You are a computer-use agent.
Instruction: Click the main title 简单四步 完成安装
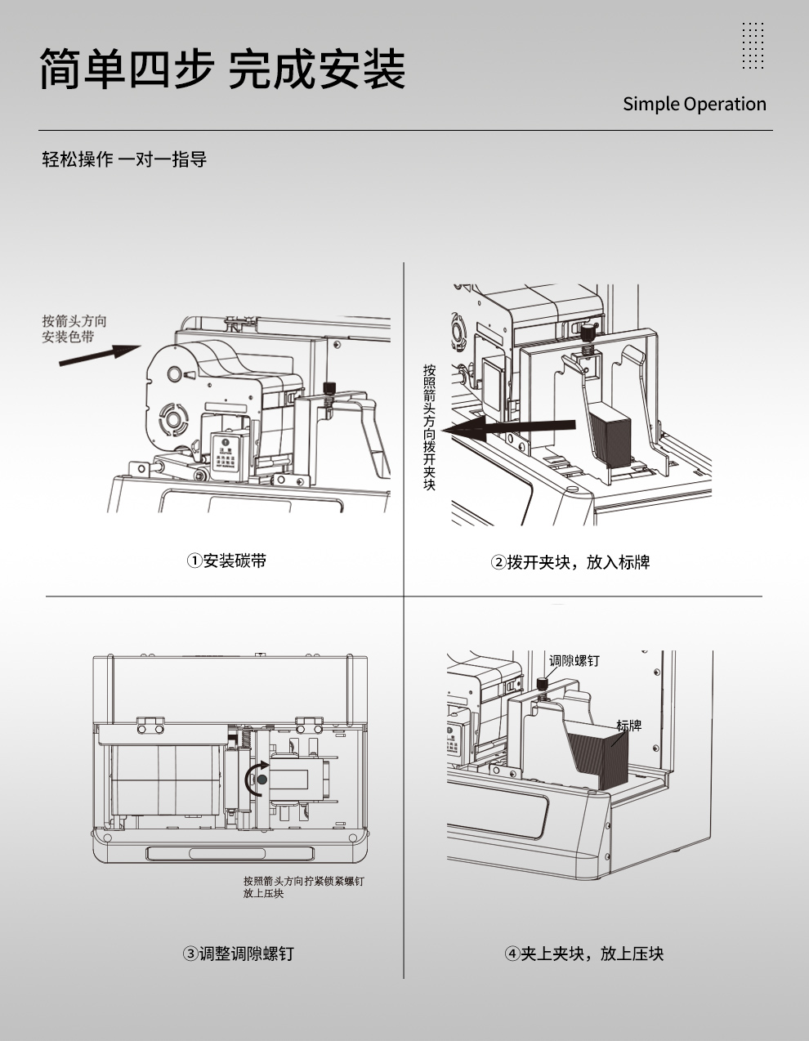222,69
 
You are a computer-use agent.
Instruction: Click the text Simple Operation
694,104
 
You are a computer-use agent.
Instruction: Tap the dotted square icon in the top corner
753,46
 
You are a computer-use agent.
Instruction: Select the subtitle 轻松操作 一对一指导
124,159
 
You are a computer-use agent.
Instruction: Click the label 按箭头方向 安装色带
74,328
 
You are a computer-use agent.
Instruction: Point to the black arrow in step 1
101,354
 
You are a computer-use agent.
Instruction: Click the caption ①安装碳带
227,561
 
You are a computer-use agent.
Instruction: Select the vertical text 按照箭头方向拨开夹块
430,427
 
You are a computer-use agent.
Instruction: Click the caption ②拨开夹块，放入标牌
570,562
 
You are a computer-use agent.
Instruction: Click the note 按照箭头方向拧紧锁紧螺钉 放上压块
303,887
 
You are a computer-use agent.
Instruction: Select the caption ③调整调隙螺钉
238,954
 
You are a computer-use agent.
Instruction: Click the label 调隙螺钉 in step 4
574,660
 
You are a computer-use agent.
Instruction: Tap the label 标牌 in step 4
628,726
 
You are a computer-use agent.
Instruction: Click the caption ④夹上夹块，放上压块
583,954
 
